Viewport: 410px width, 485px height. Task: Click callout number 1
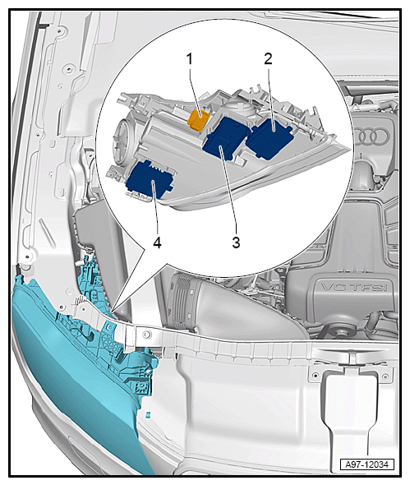[x=190, y=58]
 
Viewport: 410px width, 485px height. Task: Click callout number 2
[x=268, y=58]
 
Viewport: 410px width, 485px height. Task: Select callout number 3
[x=236, y=242]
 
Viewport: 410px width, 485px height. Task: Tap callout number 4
[x=157, y=242]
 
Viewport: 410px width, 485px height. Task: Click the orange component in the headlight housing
[x=199, y=120]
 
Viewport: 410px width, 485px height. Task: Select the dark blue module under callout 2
[x=269, y=139]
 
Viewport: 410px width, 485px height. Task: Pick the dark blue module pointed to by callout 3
[x=226, y=138]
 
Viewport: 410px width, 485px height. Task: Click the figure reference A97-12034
[x=366, y=464]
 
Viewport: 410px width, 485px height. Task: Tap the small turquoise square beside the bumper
[x=148, y=414]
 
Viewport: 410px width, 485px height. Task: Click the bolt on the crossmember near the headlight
[x=145, y=334]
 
